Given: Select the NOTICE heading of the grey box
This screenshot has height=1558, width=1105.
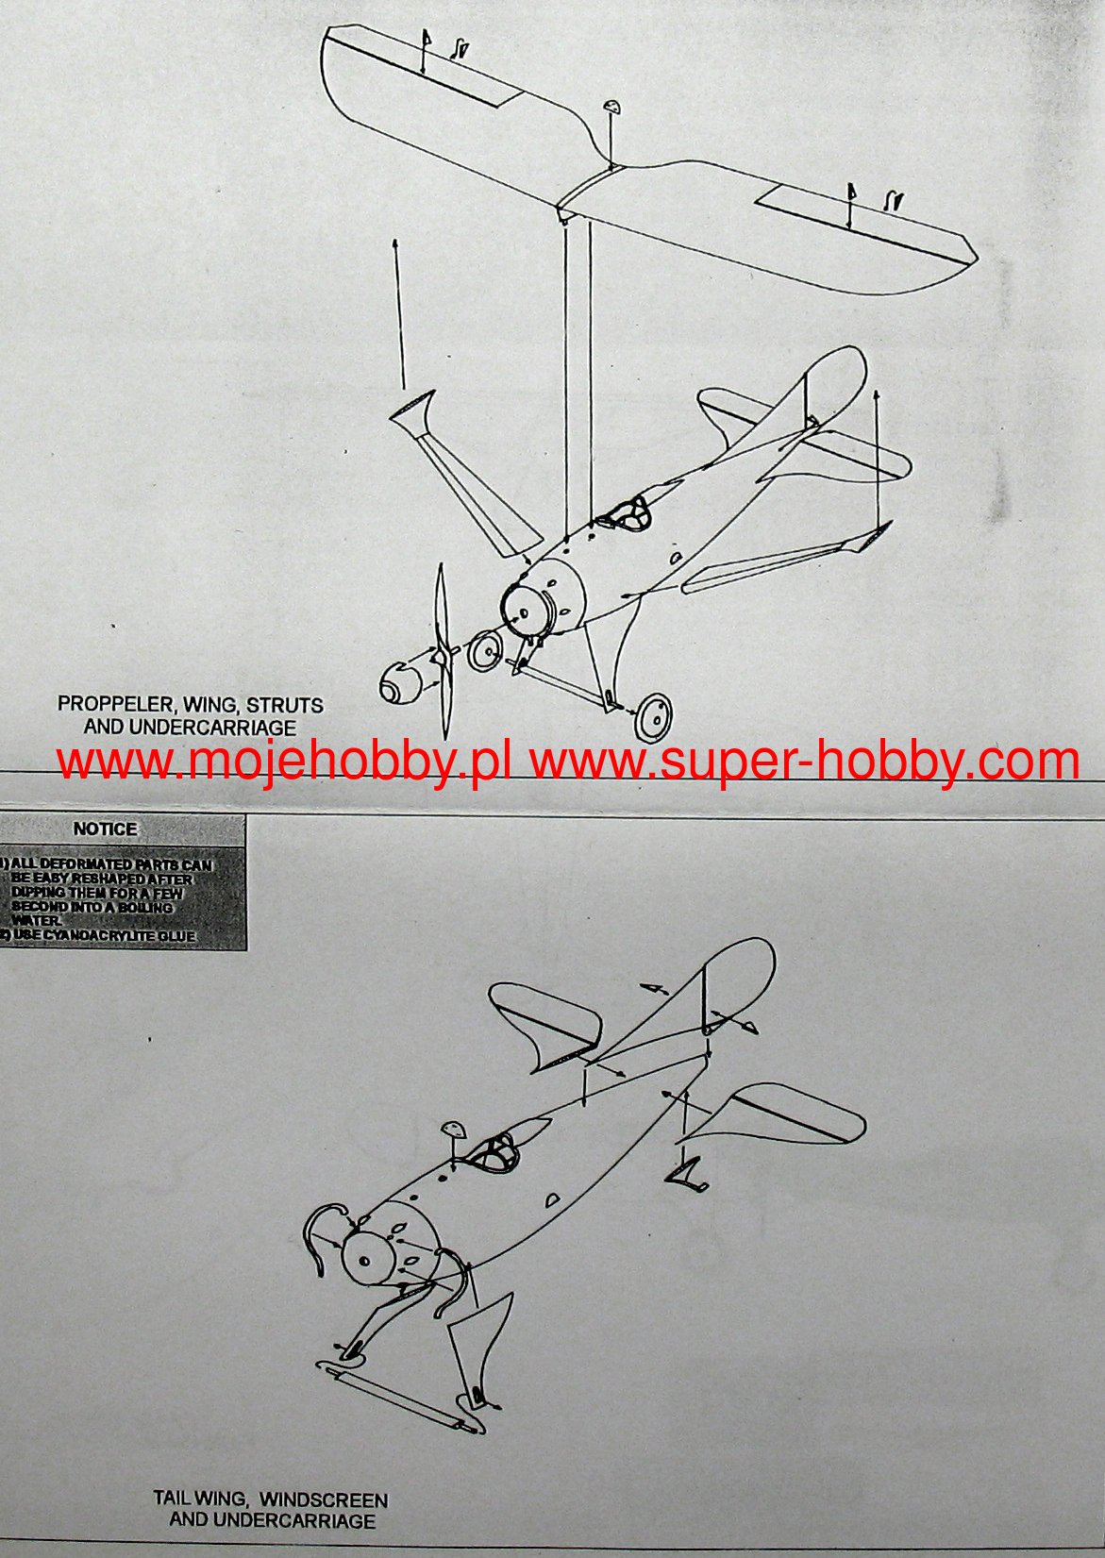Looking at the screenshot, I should pyautogui.click(x=105, y=829).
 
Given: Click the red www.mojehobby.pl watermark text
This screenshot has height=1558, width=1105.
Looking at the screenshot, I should pyautogui.click(x=283, y=761).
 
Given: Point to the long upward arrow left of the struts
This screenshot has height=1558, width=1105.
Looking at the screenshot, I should pyautogui.click(x=400, y=311).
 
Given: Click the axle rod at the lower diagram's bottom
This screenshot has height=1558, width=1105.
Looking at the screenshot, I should pyautogui.click(x=401, y=1397).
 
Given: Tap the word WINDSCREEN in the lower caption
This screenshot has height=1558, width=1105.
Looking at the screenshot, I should pyautogui.click(x=323, y=1499).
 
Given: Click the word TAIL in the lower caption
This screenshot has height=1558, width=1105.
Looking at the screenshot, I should pyautogui.click(x=173, y=1499).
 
